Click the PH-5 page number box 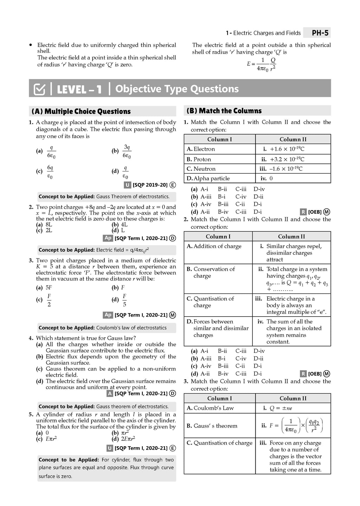tap(320, 33)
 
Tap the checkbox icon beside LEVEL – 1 tap(39, 89)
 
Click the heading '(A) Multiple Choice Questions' tap(81, 111)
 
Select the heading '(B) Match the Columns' tap(224, 111)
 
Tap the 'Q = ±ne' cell tap(281, 408)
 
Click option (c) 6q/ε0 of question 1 tap(50, 171)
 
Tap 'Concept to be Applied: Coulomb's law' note tap(102, 328)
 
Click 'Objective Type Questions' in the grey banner tap(177, 89)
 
